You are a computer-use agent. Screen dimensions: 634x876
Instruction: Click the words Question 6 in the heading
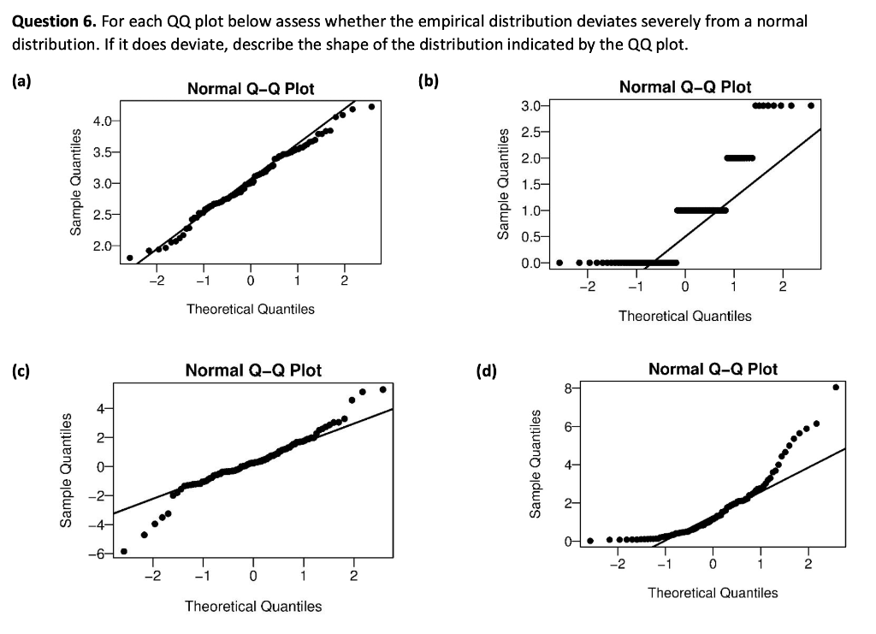coord(50,21)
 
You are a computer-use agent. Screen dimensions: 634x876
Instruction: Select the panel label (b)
coord(428,82)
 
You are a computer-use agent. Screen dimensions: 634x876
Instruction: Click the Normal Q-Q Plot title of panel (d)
coord(713,369)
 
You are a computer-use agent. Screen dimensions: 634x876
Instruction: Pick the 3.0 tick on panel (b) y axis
coord(530,106)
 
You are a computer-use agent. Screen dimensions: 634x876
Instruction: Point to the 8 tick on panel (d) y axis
coord(568,388)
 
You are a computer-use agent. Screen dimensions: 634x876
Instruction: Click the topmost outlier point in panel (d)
coord(836,388)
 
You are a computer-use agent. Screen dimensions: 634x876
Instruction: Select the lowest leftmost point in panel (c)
coord(124,551)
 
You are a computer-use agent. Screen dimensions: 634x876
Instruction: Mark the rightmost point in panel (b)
coord(810,106)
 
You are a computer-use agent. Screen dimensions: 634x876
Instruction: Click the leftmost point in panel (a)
coord(129,257)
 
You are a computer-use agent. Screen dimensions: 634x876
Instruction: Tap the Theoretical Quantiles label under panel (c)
coord(253,606)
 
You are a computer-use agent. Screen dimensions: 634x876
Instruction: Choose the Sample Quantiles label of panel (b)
coord(504,183)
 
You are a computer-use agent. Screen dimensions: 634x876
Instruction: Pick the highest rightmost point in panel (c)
coord(382,389)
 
